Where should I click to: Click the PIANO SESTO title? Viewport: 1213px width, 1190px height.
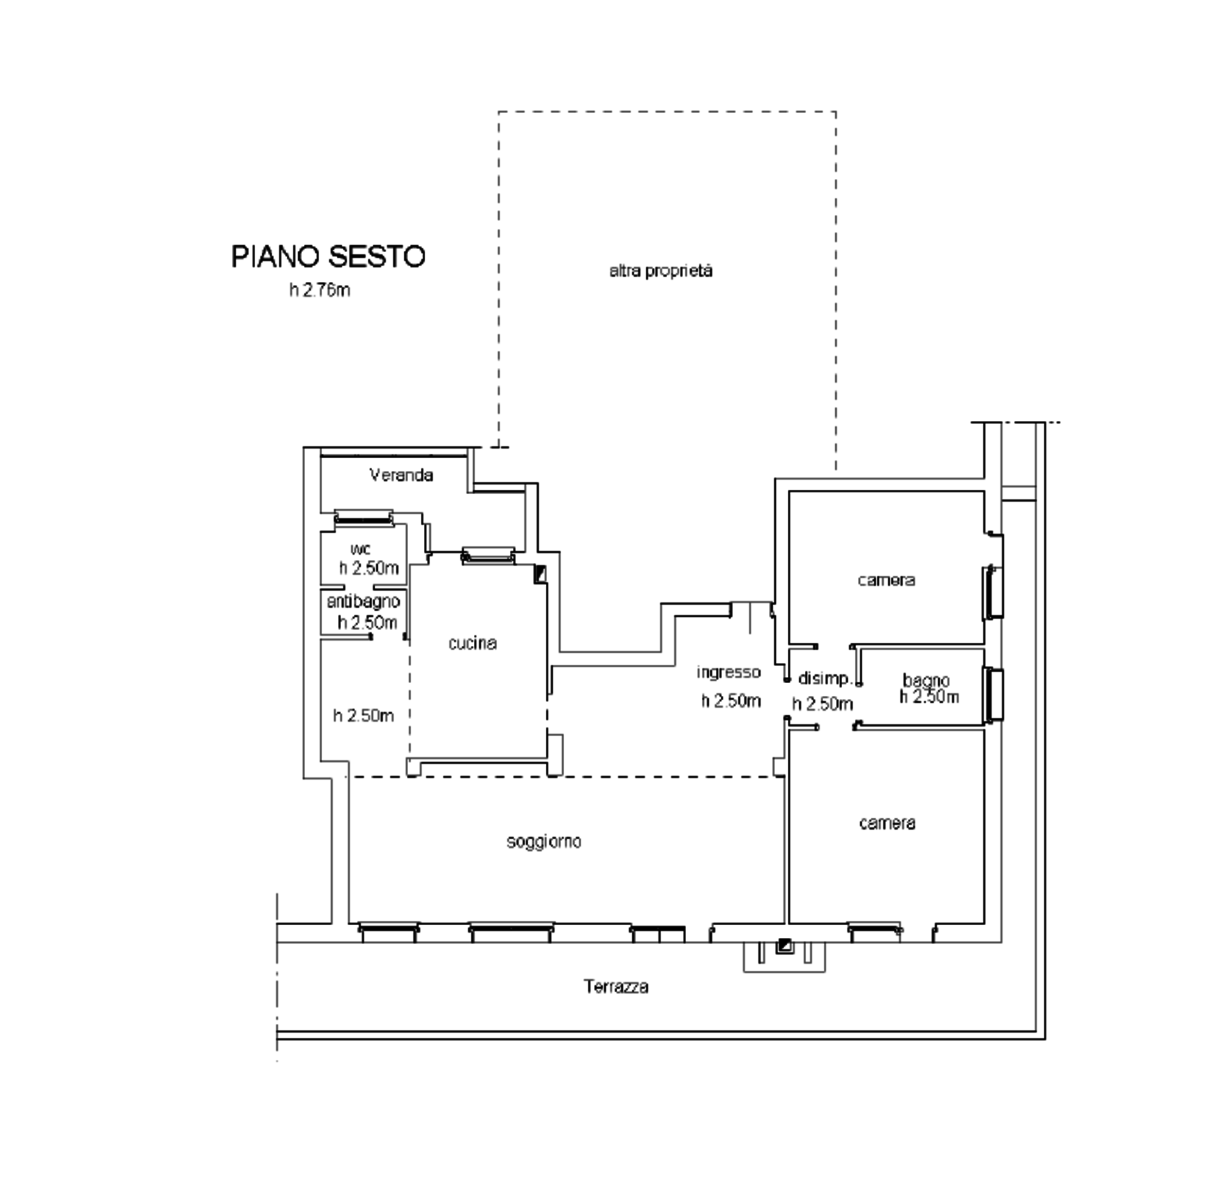[328, 257]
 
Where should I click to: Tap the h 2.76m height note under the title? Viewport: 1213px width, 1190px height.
[320, 291]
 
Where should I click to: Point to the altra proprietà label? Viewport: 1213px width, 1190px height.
[661, 271]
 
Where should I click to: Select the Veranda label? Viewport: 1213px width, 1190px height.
[401, 475]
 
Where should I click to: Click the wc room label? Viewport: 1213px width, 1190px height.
[361, 549]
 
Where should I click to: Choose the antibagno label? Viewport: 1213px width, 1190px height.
[363, 601]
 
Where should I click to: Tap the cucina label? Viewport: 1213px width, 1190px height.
[473, 643]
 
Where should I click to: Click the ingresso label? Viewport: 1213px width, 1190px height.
[728, 672]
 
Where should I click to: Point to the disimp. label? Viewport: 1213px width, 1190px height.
[826, 679]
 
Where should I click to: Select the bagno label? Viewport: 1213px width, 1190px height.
[926, 680]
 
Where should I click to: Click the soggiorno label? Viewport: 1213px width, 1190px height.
[544, 842]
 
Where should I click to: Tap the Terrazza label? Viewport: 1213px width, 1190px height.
[616, 987]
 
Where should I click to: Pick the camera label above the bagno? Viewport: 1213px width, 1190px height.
[886, 580]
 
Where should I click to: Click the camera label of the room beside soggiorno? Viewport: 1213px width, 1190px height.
[887, 822]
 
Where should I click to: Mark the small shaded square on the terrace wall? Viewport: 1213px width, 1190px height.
[784, 946]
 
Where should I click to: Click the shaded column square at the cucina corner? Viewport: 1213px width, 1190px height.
[540, 574]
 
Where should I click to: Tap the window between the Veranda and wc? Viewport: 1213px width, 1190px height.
[363, 518]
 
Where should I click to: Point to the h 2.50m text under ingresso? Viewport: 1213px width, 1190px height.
[731, 701]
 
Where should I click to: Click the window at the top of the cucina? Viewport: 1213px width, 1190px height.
[488, 555]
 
